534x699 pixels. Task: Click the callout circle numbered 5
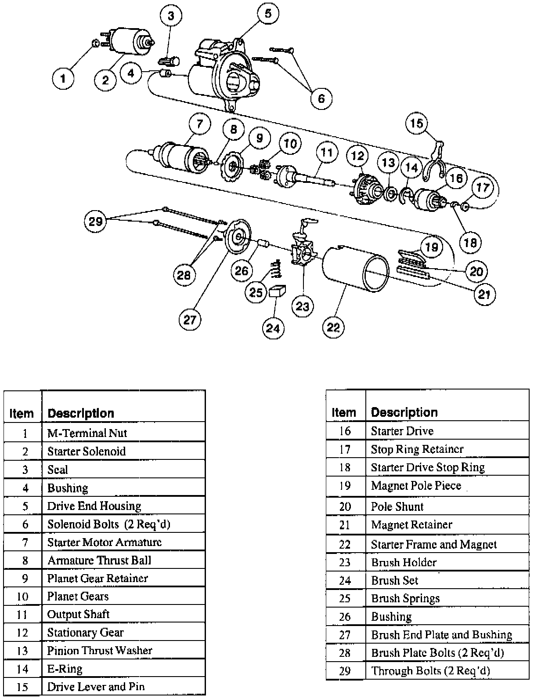point(267,14)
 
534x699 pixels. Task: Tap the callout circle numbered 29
point(96,221)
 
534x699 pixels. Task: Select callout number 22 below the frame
point(334,327)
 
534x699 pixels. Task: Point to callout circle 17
point(482,188)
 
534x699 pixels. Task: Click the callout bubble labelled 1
point(63,79)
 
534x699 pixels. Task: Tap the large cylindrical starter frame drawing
point(356,269)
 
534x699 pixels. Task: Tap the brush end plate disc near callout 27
point(238,237)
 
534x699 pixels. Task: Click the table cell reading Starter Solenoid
point(87,451)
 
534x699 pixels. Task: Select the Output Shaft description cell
point(78,614)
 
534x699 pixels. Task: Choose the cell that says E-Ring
point(65,669)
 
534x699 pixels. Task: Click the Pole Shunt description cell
point(397,506)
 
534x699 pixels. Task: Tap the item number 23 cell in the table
point(345,562)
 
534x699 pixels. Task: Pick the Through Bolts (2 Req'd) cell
point(430,670)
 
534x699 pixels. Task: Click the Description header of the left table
point(81,413)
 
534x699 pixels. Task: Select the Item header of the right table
point(344,412)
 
